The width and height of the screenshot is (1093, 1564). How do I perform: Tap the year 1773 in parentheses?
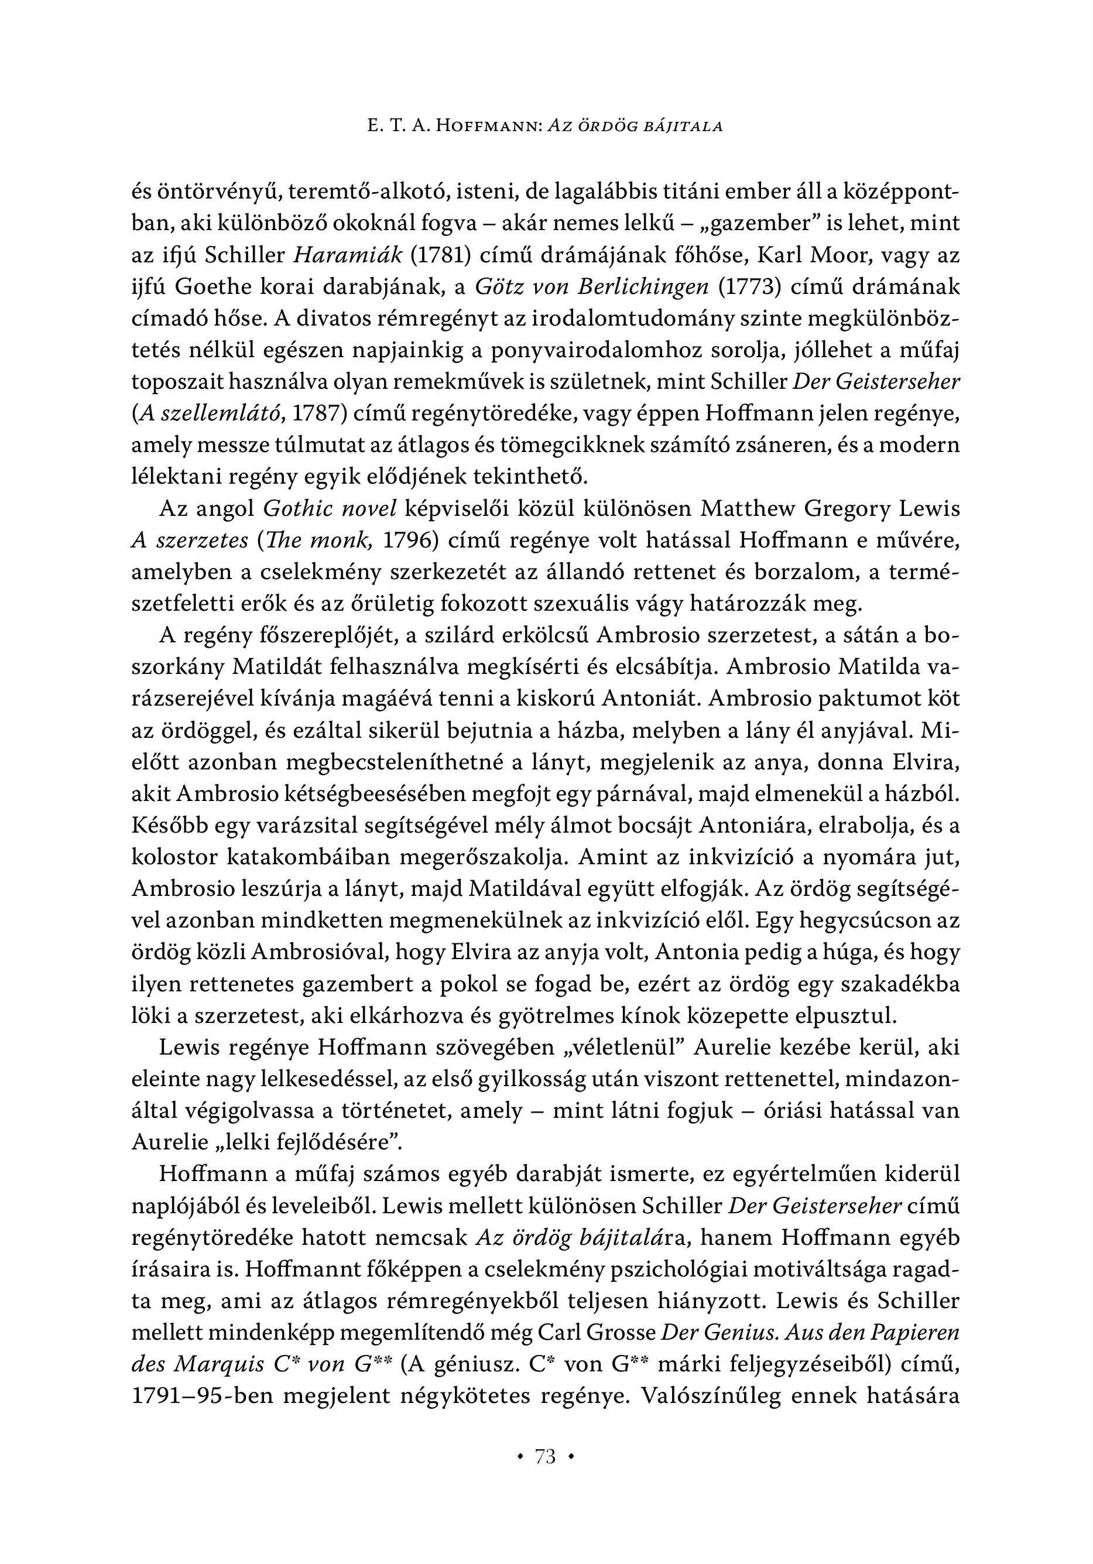click(x=750, y=287)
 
